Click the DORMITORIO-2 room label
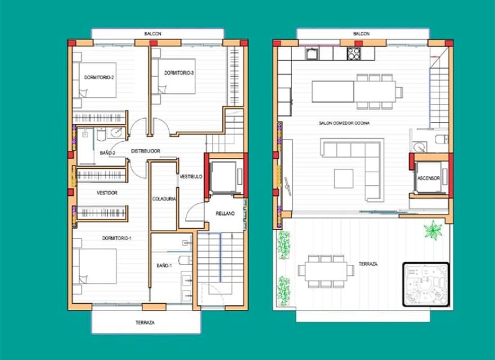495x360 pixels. coord(100,77)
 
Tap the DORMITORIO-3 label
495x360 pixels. coord(179,73)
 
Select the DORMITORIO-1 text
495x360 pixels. coord(116,238)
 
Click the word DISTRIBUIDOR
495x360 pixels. coord(146,151)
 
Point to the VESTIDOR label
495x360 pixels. coord(107,193)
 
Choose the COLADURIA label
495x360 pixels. coord(164,199)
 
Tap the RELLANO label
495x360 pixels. coord(225,213)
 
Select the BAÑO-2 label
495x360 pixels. coord(107,153)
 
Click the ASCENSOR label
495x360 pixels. coord(430,178)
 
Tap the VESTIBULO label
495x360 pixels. coord(191,177)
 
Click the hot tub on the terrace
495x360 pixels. coord(426,284)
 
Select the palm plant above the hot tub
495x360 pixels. coord(433,229)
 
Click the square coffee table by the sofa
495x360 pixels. coord(344,178)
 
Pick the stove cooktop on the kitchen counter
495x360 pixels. coord(354,53)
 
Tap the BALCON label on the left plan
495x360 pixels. coord(152,34)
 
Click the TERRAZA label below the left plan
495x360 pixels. coord(145,323)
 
